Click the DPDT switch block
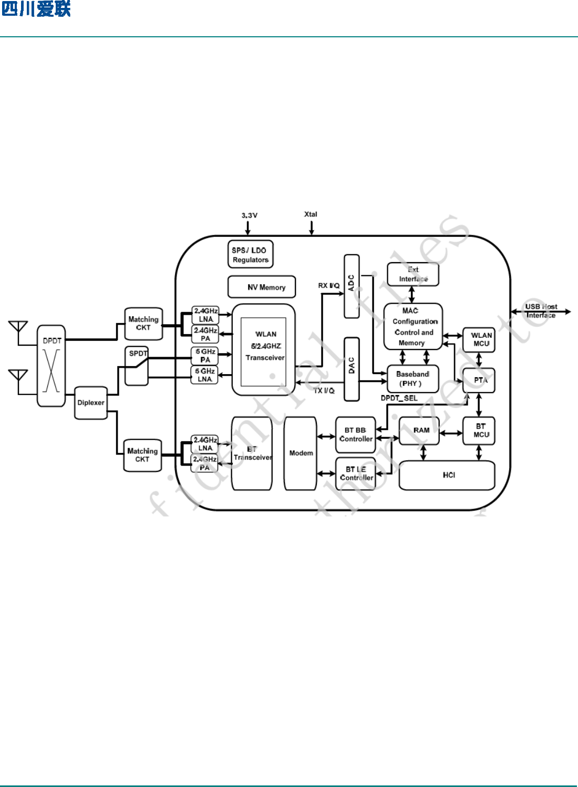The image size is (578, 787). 51,366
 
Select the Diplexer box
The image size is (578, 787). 91,403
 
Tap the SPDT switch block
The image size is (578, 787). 137,366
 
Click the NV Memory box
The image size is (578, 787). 262,287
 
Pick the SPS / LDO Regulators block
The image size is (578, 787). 251,255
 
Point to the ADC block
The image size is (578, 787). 352,286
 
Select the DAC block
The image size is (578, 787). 352,369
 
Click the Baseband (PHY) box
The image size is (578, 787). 412,379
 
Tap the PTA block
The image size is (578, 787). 479,380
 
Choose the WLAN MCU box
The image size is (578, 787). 479,339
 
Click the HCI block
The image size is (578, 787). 447,475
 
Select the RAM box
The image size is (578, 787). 419,431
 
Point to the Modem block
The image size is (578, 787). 301,453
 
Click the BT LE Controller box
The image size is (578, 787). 356,473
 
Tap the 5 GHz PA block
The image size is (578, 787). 204,356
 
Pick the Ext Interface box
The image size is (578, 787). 413,274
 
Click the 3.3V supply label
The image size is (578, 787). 250,215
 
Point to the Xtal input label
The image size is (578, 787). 311,214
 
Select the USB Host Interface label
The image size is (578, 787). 541,311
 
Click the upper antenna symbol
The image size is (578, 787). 18,327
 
